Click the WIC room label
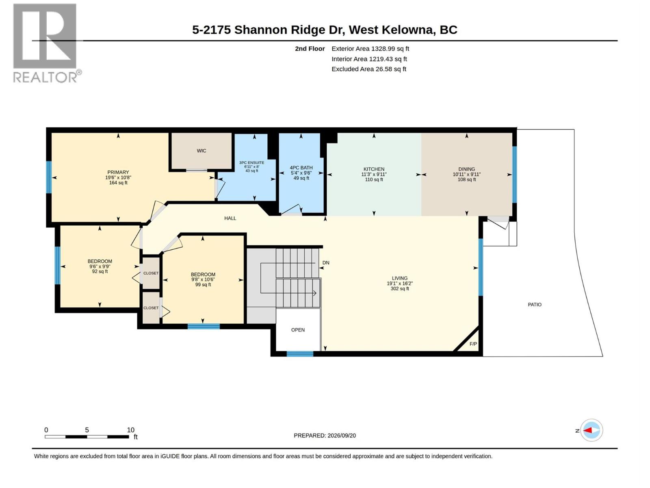[x=201, y=151]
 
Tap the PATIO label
[x=535, y=305]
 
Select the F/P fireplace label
[x=473, y=344]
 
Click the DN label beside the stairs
[x=326, y=263]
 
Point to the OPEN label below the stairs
[x=298, y=330]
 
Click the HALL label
[x=230, y=218]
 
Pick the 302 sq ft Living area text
[x=400, y=289]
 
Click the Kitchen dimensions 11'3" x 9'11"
[x=374, y=174]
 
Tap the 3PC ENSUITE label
[x=252, y=163]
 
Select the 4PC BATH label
[x=301, y=168]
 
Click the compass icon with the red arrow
[x=591, y=430]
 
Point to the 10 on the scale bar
[x=130, y=430]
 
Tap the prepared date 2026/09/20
[x=342, y=436]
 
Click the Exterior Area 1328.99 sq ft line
[x=370, y=48]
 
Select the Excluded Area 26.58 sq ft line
[x=369, y=69]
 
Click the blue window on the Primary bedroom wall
[x=49, y=177]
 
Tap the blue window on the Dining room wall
[x=514, y=174]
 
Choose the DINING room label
[x=467, y=169]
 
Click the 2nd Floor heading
[x=310, y=48]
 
